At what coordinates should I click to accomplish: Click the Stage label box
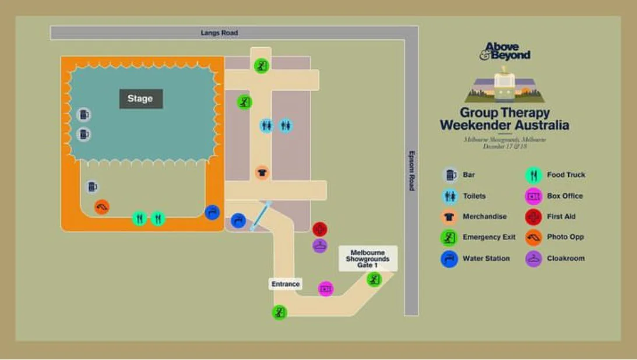(x=141, y=98)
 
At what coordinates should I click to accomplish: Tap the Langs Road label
(x=219, y=33)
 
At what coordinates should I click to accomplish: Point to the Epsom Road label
(x=411, y=171)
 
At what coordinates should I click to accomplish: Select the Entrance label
(x=286, y=284)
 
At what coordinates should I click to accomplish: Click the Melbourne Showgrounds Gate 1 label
(x=368, y=259)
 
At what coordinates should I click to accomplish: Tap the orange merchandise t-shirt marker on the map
(x=262, y=172)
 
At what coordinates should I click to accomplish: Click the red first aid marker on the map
(x=320, y=229)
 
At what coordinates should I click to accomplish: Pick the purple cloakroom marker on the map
(x=320, y=245)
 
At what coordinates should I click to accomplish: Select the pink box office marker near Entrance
(x=326, y=288)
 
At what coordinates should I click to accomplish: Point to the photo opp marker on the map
(x=102, y=207)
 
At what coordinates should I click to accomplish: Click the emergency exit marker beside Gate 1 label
(x=374, y=280)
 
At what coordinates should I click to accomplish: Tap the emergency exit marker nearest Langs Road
(x=262, y=65)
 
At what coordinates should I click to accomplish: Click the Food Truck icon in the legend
(x=533, y=175)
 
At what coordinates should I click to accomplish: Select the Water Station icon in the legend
(x=449, y=259)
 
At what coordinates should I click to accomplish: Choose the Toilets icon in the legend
(x=449, y=196)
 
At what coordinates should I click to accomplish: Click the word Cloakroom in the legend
(x=565, y=259)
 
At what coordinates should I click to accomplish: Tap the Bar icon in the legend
(x=449, y=175)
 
